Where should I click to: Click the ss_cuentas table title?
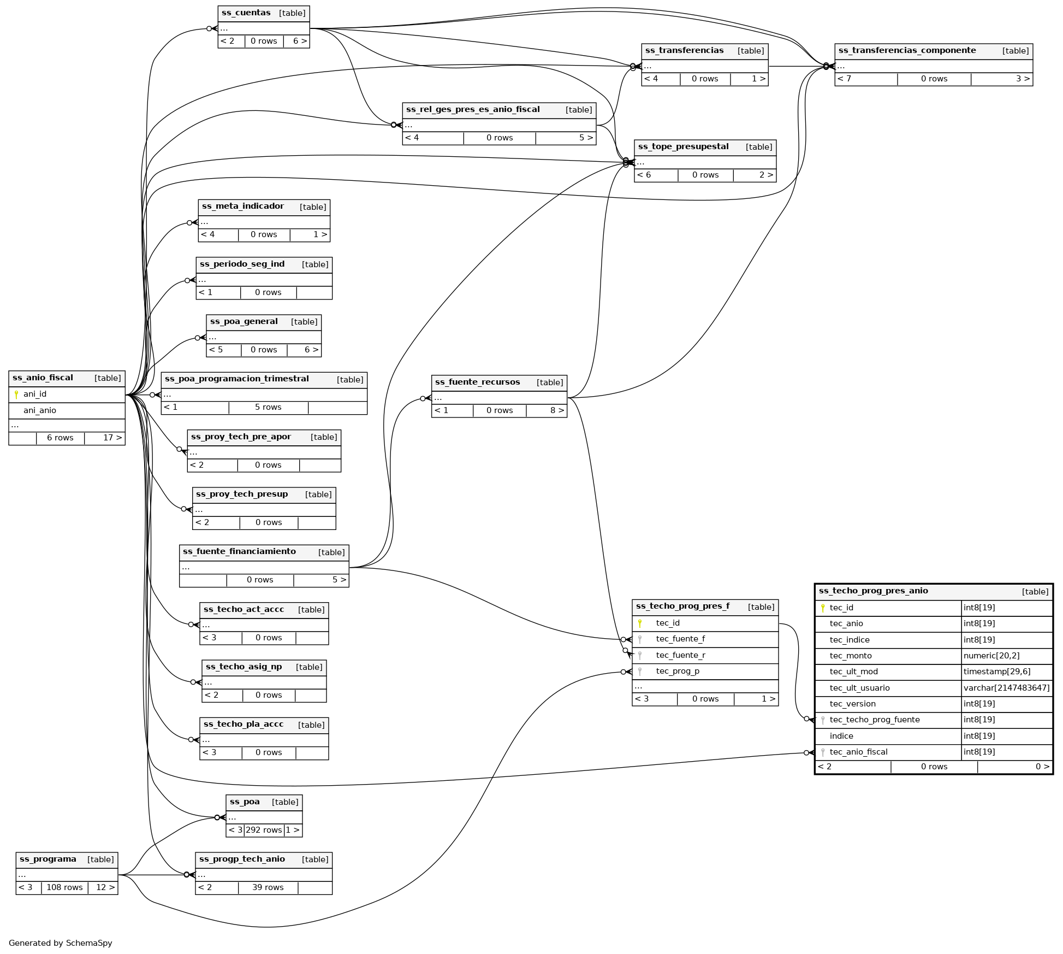pos(246,13)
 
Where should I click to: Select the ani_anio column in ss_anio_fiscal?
pos(40,410)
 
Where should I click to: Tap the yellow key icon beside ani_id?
pos(16,394)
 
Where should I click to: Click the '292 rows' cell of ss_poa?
pos(264,830)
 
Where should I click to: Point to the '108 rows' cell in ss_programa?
pos(64,887)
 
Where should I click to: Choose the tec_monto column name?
pos(851,656)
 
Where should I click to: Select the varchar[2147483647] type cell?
pos(1006,688)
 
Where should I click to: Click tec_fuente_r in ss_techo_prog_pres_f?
pos(680,655)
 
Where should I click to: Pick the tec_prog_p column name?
pos(678,671)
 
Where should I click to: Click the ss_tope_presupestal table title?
pos(683,147)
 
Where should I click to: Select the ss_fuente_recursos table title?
pos(477,382)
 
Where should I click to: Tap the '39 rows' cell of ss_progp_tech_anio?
pos(268,887)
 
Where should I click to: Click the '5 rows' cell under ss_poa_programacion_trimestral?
pos(268,407)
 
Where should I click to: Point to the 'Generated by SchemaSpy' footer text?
pos(61,943)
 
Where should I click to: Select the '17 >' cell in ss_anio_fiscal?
pos(112,438)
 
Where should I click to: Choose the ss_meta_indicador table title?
pos(243,207)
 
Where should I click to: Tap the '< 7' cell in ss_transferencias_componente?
pos(845,79)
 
